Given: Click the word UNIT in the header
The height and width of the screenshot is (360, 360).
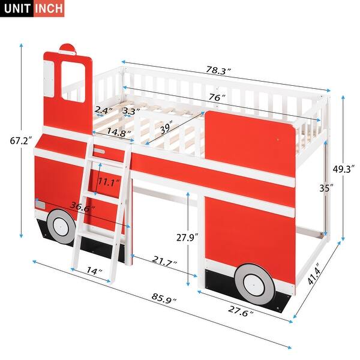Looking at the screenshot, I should (x=17, y=8).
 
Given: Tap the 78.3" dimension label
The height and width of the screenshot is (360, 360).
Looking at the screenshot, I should (x=218, y=71).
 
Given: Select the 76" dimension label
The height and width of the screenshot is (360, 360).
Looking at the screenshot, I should (x=218, y=97).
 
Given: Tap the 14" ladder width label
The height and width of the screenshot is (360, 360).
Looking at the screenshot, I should (x=94, y=271).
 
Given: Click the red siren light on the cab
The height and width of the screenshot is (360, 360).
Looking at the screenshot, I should (x=68, y=48).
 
